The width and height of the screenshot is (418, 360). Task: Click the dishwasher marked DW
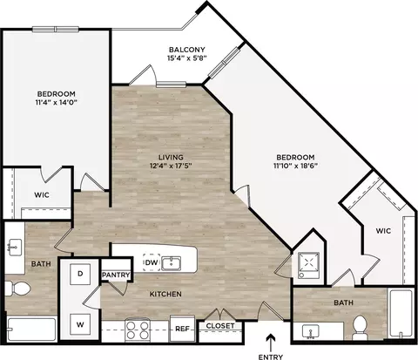(152, 262)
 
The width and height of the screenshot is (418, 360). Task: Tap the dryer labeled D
(80, 274)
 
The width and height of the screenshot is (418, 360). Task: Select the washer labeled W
(80, 324)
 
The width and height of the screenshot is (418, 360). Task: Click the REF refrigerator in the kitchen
(182, 329)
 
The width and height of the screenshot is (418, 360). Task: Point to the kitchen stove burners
(138, 329)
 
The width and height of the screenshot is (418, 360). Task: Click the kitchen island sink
(171, 263)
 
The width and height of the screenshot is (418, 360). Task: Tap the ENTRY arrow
(271, 343)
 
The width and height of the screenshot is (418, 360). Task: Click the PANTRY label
(116, 275)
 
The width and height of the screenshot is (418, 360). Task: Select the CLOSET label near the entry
(220, 326)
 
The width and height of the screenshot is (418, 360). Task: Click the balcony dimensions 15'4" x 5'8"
(186, 58)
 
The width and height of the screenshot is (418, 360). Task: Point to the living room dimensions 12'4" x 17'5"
(171, 166)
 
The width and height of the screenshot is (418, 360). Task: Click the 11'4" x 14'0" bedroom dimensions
(57, 102)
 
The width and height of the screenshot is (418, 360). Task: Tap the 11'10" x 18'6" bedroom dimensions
(295, 166)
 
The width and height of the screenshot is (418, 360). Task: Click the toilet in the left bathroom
(18, 289)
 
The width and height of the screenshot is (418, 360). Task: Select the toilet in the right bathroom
(360, 328)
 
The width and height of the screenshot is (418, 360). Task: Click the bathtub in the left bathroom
(31, 329)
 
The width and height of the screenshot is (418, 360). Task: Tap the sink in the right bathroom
(310, 331)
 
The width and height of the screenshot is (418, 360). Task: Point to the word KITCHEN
(165, 294)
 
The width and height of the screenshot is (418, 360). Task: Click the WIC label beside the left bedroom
(42, 194)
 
